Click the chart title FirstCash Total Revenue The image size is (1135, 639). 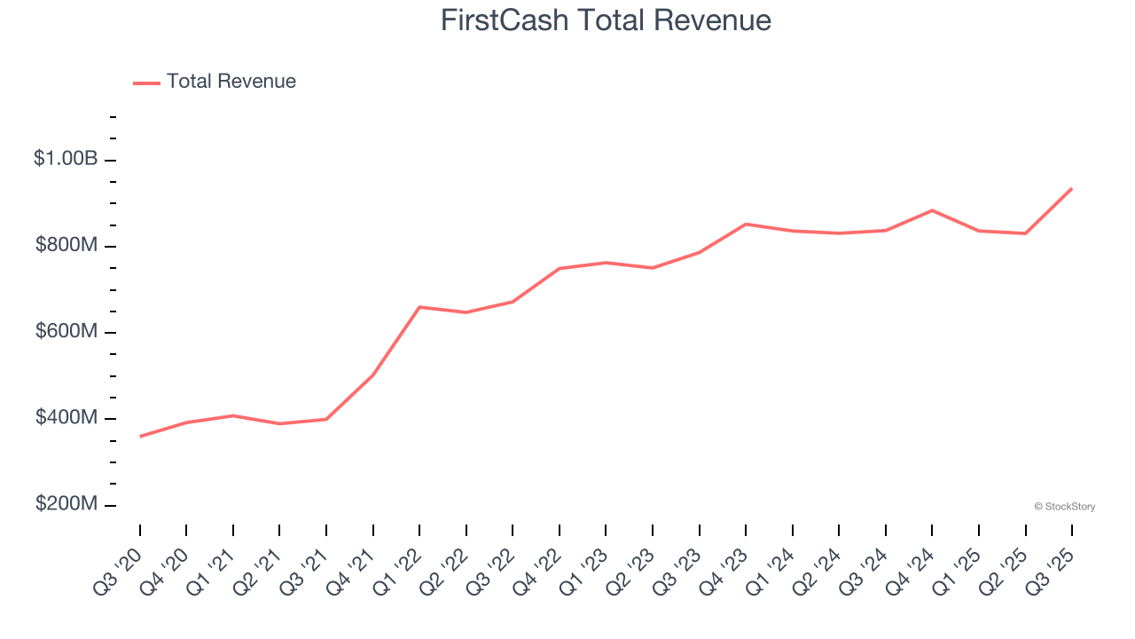606,20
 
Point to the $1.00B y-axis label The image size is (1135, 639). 66,159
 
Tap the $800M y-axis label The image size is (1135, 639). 66,245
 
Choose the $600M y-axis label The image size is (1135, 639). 66,331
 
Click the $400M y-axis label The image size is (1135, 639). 66,417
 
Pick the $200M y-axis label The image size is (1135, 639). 66,504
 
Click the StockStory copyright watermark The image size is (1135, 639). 1064,507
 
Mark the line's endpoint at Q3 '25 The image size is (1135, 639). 1072,188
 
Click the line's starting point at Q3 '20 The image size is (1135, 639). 140,437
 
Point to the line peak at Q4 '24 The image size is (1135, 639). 932,210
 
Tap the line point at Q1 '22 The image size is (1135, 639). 419,307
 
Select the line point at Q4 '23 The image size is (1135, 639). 746,224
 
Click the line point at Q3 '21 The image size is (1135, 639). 326,419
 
